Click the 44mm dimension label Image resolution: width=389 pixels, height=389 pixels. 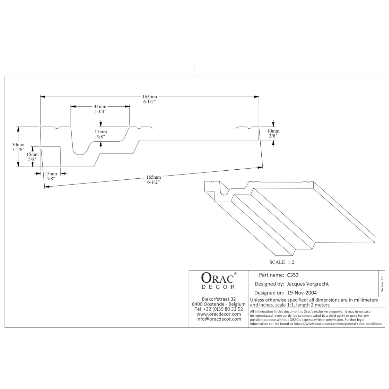[100, 109]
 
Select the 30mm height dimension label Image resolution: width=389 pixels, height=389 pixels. [18, 147]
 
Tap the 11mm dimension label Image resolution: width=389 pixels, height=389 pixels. [101, 134]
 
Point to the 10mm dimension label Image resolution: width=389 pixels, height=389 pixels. [273, 133]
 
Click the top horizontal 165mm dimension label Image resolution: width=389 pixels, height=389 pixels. [150, 99]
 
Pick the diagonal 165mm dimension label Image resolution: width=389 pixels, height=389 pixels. [154, 179]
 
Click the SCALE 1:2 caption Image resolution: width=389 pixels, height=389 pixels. [282, 262]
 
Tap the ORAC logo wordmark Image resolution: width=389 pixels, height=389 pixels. [218, 278]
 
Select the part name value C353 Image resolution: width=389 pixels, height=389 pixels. [293, 275]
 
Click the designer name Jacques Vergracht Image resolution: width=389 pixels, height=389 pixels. [308, 284]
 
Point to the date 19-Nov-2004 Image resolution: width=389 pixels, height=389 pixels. [302, 293]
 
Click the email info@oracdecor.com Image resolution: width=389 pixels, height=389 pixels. [219, 319]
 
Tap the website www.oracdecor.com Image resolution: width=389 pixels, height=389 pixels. [219, 314]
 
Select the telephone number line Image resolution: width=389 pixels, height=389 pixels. [219, 309]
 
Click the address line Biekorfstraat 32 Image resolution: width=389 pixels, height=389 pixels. [219, 299]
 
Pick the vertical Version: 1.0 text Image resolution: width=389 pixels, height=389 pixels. [382, 284]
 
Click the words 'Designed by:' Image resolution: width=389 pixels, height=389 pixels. [269, 284]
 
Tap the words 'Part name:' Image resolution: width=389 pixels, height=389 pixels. [272, 275]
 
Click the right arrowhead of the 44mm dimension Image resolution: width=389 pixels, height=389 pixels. [127, 106]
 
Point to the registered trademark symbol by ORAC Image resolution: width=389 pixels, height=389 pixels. [235, 274]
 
